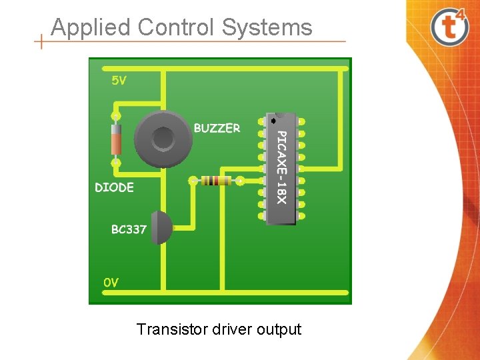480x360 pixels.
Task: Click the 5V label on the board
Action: (118, 80)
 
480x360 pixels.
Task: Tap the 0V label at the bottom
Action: (111, 283)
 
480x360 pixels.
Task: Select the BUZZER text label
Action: (217, 128)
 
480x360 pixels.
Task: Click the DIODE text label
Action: (114, 188)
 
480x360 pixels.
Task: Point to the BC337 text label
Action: (129, 229)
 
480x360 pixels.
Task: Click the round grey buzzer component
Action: (163, 139)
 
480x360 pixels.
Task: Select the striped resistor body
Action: (216, 181)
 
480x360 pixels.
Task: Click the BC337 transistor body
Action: (160, 228)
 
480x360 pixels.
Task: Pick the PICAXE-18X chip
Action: (281, 168)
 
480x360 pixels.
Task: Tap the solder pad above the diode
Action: (116, 116)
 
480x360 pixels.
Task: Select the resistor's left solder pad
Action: (193, 181)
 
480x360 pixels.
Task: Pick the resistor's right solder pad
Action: (239, 181)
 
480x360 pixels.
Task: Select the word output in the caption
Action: (281, 329)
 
